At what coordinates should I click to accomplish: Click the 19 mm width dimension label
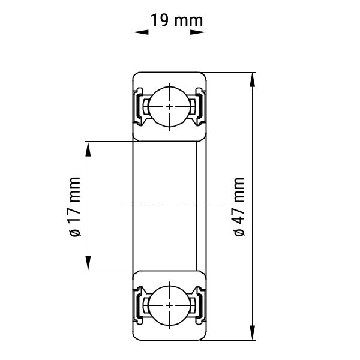[x=176, y=20]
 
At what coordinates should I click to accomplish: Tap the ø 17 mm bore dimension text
[x=76, y=206]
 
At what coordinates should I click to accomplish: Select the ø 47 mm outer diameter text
[x=239, y=206]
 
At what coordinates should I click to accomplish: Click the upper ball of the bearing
[x=169, y=107]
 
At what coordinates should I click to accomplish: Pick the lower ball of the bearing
[x=169, y=305]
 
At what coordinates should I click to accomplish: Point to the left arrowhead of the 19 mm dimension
[x=140, y=32]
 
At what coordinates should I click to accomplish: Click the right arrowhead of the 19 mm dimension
[x=198, y=32]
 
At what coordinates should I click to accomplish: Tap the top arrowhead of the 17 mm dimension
[x=88, y=149]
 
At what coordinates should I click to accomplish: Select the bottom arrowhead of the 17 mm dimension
[x=88, y=263]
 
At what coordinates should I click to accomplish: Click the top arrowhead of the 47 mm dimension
[x=253, y=80]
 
